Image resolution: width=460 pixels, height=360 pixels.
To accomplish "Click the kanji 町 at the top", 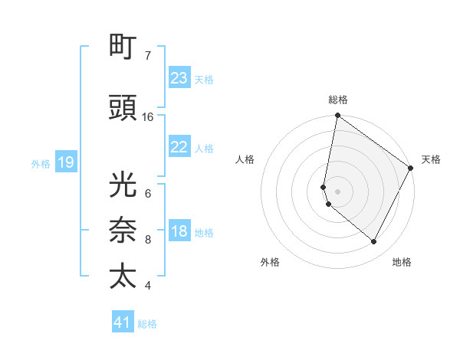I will coord(124,47).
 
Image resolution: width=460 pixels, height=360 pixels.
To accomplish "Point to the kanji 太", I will coord(124,277).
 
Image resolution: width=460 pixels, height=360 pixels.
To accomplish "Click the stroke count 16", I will coord(148,117).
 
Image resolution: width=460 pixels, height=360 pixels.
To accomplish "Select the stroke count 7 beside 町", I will coord(148,56).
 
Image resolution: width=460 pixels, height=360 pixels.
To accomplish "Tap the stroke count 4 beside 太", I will coord(148,286).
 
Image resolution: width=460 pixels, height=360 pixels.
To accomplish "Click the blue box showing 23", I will coord(179,78).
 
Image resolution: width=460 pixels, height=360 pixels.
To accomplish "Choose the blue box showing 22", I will coord(179,147).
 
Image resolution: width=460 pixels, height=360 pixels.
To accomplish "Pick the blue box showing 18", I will coord(179,231).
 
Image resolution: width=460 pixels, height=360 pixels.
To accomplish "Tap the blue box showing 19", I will coord(65,162).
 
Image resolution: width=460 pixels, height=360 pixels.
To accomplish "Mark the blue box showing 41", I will coord(123,322).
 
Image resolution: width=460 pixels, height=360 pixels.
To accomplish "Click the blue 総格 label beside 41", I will coord(147,324).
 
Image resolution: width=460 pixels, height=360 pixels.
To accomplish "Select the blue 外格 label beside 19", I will coord(41,163).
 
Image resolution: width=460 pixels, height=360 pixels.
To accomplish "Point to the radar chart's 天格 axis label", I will coord(431,159).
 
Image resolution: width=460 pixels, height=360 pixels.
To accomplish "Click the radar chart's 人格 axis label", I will coord(245,159).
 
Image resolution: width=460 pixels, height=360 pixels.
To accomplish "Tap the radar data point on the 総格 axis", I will coord(337,116).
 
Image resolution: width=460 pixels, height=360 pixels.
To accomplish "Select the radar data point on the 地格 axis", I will coord(374,242).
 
